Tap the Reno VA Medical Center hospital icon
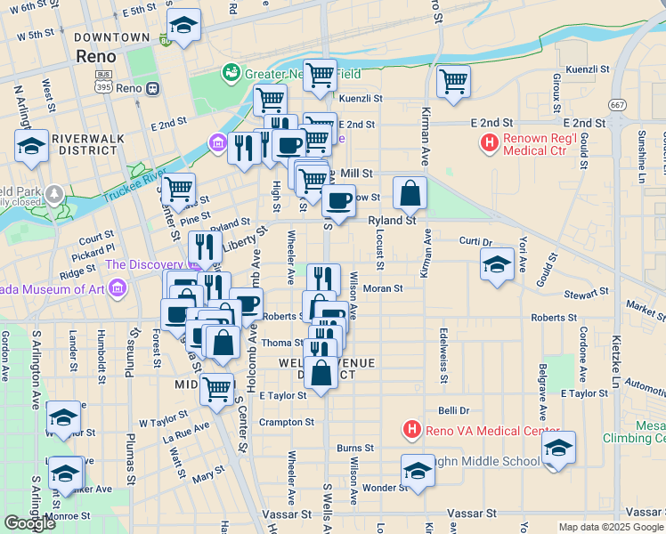[x=411, y=431]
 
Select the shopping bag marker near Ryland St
[x=410, y=192]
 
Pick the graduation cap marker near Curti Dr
[x=497, y=263]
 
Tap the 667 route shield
[x=615, y=105]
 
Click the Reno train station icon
[x=153, y=89]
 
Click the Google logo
[x=28, y=523]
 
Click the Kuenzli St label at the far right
[x=587, y=69]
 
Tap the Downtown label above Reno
[x=112, y=37]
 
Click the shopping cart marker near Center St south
[x=216, y=388]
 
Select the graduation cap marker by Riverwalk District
[x=31, y=146]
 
